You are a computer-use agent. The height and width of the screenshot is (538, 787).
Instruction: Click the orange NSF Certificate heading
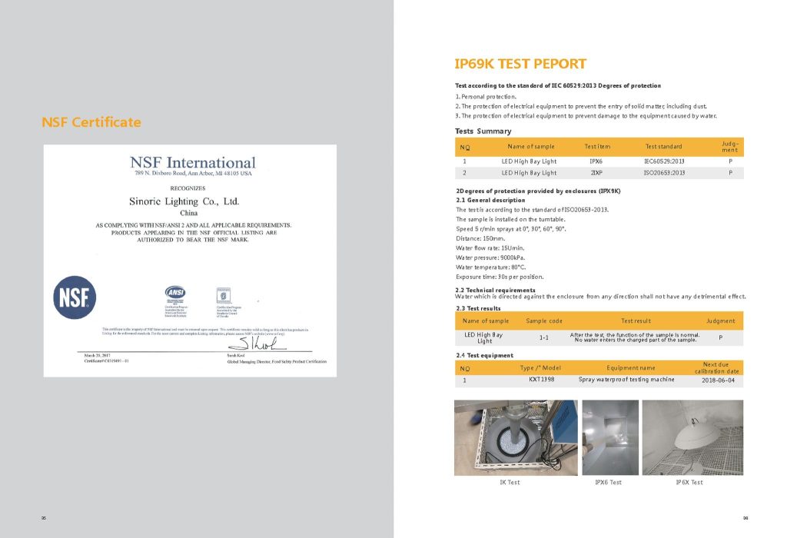point(91,122)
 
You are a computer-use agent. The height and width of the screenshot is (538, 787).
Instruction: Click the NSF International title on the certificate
point(192,163)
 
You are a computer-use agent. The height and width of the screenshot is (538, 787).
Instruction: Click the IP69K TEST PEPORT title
point(520,64)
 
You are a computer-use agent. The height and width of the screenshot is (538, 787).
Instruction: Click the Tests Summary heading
point(483,131)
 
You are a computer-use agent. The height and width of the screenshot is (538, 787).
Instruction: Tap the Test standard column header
point(663,146)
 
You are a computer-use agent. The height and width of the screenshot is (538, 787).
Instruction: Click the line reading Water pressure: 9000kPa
point(490,257)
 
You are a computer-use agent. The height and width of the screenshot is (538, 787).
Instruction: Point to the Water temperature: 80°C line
point(490,267)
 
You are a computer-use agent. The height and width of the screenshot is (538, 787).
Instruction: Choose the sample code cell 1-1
point(543,337)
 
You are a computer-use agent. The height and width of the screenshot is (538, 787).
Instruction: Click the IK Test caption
point(510,482)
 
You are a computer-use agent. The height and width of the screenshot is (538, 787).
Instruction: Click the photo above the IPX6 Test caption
point(609,437)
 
